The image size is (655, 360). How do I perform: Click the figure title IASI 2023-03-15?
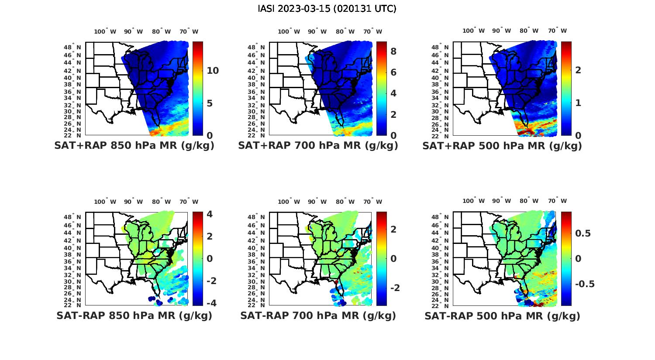327,9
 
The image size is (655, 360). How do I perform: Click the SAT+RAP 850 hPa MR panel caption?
134,146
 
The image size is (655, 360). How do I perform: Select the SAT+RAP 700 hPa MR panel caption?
318,146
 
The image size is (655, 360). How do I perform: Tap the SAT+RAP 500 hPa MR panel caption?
502,146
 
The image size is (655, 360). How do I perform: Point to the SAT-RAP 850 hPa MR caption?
134,315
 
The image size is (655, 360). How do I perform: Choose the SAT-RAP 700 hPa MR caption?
318,315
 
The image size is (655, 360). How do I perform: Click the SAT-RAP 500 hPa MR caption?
502,316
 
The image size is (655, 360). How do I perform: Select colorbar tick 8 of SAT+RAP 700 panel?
393,51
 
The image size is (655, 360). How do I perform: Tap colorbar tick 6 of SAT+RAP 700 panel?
393,72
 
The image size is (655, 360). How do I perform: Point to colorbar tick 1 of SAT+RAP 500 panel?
578,103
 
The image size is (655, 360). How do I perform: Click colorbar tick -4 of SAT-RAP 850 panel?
210,303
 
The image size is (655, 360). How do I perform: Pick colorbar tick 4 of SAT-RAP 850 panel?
210,214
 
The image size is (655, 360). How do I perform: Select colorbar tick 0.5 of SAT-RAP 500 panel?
583,233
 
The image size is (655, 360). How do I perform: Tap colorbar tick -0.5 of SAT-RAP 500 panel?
585,284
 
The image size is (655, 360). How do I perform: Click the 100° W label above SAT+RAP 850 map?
105,31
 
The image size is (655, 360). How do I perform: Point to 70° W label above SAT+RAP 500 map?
558,31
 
